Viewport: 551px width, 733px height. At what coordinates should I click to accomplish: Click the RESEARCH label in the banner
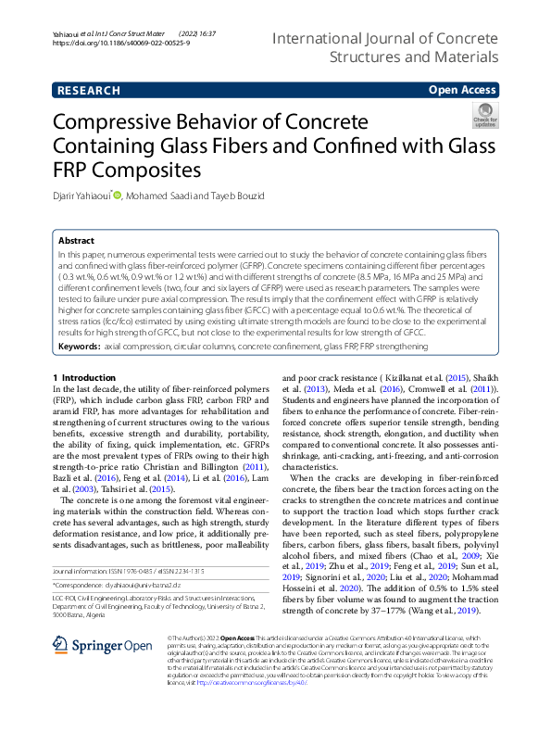point(88,90)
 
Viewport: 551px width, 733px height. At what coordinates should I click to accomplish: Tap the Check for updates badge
point(484,115)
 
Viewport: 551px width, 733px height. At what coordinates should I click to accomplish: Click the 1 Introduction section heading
point(84,378)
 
